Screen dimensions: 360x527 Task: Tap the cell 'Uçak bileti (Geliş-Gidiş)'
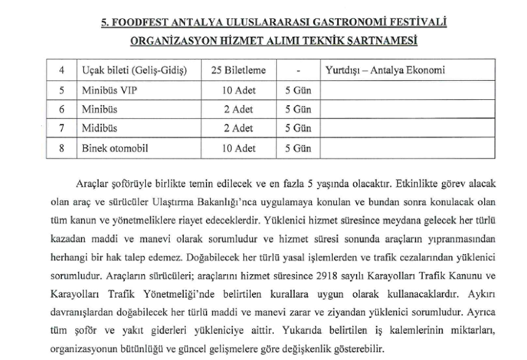pos(135,70)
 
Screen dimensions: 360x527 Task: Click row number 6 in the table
pos(61,110)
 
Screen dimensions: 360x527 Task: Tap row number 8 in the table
pos(61,149)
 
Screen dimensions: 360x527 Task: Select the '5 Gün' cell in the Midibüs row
pos(297,129)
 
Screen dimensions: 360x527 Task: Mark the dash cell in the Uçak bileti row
pos(297,70)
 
